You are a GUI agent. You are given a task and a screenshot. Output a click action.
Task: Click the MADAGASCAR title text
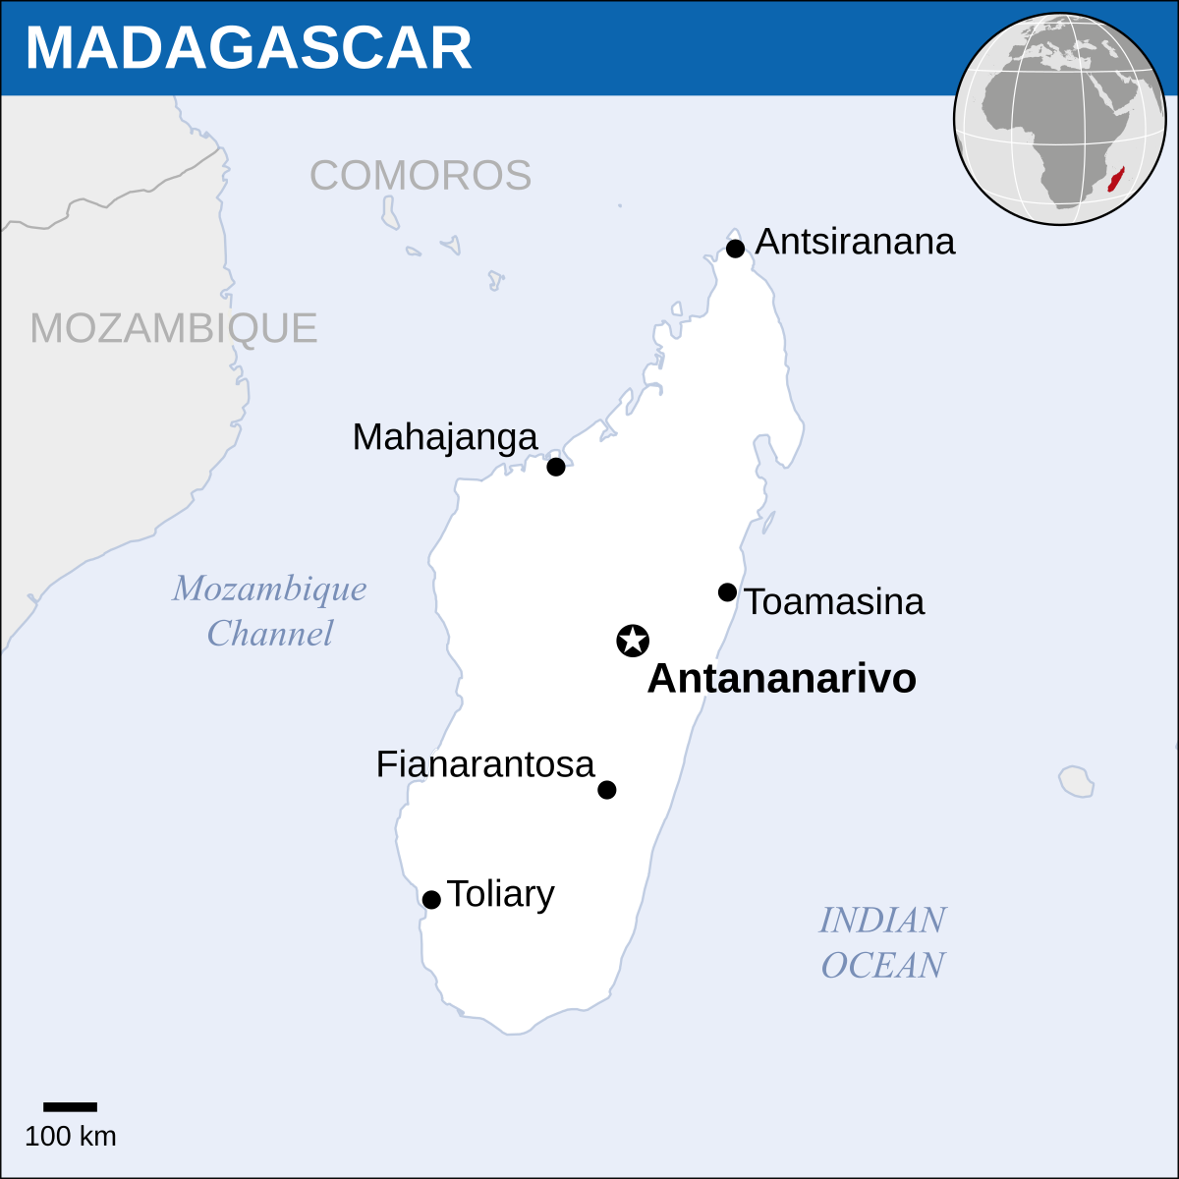(249, 47)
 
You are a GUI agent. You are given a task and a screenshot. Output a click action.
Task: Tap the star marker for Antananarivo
(633, 641)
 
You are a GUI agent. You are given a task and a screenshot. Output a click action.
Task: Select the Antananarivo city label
(781, 679)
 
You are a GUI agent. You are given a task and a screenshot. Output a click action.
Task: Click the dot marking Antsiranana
(735, 249)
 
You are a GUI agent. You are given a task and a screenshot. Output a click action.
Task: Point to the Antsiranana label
(855, 242)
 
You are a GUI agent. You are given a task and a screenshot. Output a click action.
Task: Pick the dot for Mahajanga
(556, 467)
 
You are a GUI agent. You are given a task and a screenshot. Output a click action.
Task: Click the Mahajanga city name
(445, 437)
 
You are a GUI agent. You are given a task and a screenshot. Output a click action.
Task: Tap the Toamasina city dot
(727, 592)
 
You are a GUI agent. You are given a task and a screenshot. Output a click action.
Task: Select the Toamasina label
(833, 601)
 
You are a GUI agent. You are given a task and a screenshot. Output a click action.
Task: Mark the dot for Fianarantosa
(607, 790)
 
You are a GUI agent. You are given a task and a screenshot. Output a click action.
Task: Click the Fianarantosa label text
(485, 764)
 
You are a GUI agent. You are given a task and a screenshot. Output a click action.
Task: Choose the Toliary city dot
(431, 900)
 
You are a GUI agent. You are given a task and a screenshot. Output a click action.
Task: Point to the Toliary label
(500, 894)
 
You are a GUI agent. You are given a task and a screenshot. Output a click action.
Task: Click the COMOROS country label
(421, 176)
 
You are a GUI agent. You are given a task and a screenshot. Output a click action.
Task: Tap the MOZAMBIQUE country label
(174, 328)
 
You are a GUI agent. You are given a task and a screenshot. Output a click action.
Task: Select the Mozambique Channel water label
(269, 610)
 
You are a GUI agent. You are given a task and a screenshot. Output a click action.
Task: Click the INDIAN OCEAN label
(882, 942)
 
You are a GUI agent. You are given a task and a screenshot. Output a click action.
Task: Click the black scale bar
(70, 1107)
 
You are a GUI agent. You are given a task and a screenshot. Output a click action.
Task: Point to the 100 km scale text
(70, 1137)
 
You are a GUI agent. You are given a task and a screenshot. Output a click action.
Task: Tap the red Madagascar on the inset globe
(1117, 180)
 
